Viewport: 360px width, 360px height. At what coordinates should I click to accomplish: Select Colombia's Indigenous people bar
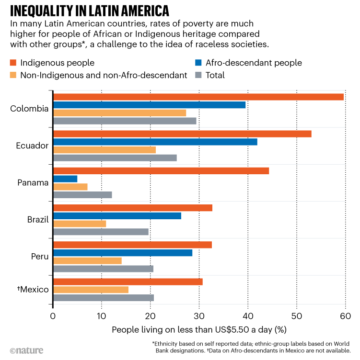pyautogui.click(x=198, y=97)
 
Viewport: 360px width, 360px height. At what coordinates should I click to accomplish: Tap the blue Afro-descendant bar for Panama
pyautogui.click(x=65, y=179)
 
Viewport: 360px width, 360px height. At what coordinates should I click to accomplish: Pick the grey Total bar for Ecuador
pyautogui.click(x=115, y=158)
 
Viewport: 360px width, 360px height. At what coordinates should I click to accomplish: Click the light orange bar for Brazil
pyautogui.click(x=79, y=224)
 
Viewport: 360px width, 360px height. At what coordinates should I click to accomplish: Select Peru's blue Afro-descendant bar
pyautogui.click(x=122, y=252)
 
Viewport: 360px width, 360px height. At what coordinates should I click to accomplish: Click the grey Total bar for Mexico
pyautogui.click(x=103, y=298)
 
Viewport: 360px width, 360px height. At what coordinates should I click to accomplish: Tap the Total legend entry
pyautogui.click(x=215, y=75)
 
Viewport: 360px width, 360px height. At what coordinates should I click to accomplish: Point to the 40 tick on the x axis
pyautogui.click(x=248, y=316)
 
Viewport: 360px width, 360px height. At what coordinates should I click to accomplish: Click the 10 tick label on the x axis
pyautogui.click(x=101, y=316)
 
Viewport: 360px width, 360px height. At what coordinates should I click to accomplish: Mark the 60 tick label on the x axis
pyautogui.click(x=345, y=316)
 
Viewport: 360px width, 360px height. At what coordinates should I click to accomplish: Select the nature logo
pyautogui.click(x=26, y=350)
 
